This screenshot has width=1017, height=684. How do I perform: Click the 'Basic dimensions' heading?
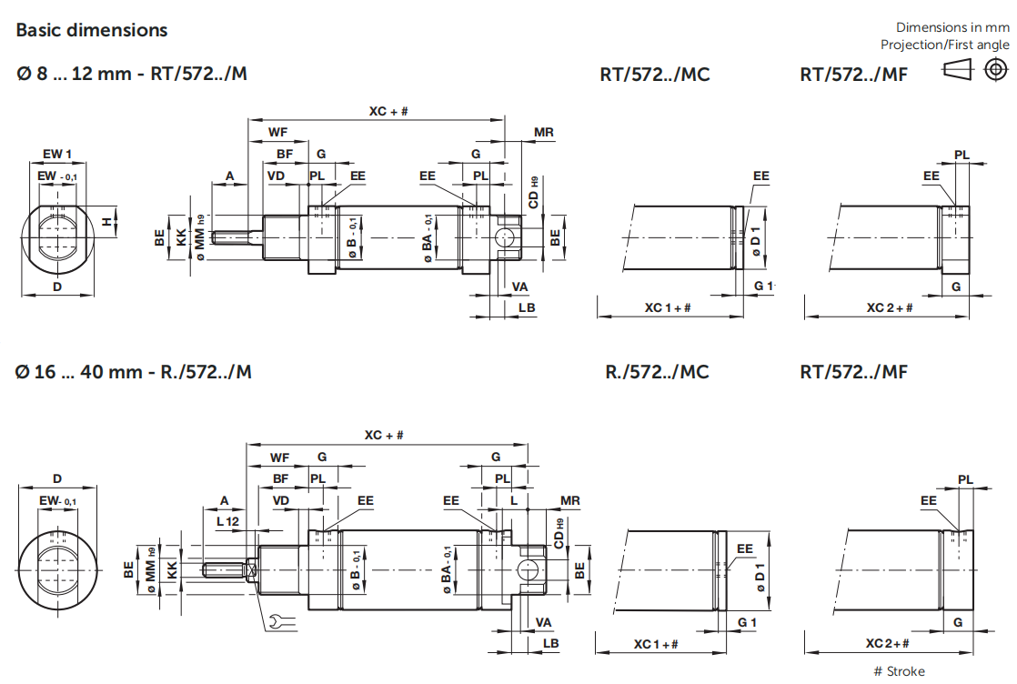coord(92,30)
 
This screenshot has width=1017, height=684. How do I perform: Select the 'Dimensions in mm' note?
coord(952,27)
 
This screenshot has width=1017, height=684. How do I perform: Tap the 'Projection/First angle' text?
coord(944,45)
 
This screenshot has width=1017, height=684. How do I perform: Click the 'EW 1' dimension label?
coord(56,153)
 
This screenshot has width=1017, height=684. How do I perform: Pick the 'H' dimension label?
coord(106,221)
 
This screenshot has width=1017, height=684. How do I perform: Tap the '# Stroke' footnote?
coord(899,671)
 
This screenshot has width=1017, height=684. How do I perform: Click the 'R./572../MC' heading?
coord(657,371)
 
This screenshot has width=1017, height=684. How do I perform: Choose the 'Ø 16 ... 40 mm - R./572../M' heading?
coord(134,371)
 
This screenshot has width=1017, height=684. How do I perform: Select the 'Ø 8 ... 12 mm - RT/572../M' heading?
coord(131,74)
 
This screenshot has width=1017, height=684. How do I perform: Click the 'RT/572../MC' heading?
coord(655,75)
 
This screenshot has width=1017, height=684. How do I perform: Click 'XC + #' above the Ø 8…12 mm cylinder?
coord(388,111)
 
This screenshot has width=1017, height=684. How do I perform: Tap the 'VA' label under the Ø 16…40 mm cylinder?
coord(544,622)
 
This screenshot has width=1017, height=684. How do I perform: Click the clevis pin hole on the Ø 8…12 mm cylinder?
coord(502,238)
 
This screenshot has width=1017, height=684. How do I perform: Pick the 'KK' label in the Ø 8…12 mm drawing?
coord(181,239)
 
